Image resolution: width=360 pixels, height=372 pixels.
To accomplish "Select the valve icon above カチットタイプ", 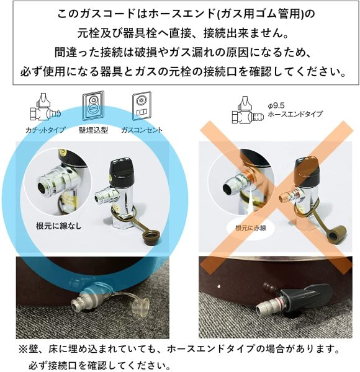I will (x=43, y=108).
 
